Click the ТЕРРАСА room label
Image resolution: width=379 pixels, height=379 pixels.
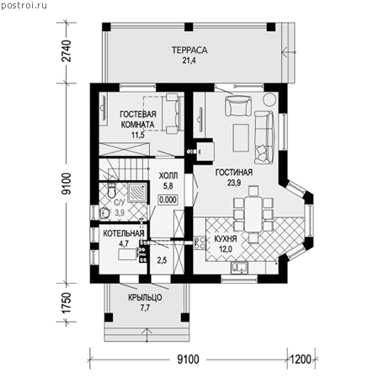(x=189, y=51)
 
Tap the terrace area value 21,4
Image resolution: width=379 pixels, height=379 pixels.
(x=189, y=61)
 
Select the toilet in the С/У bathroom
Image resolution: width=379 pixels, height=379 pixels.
(x=112, y=190)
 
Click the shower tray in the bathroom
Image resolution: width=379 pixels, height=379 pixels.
(x=137, y=193)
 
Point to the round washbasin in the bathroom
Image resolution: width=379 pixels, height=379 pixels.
(x=104, y=213)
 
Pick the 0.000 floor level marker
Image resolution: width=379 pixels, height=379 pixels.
(x=168, y=200)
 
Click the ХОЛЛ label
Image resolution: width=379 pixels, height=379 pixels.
(x=168, y=176)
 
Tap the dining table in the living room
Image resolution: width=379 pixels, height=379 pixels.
(x=254, y=214)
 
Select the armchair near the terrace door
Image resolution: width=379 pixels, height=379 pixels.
(x=238, y=105)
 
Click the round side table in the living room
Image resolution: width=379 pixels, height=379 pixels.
(x=270, y=99)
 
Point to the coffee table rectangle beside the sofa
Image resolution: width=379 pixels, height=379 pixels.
(x=241, y=137)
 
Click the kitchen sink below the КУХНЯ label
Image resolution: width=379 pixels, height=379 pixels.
(x=239, y=268)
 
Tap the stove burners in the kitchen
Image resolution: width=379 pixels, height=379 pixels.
(x=199, y=243)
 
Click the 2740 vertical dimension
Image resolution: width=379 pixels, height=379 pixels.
(x=67, y=51)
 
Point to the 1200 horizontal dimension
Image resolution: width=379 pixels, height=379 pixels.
(x=301, y=359)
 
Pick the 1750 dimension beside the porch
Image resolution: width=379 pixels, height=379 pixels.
(x=67, y=303)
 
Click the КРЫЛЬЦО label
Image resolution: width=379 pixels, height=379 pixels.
(x=145, y=297)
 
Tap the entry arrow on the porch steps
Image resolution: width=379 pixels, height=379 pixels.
(x=147, y=335)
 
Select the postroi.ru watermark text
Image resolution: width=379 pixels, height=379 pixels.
(x=24, y=6)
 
